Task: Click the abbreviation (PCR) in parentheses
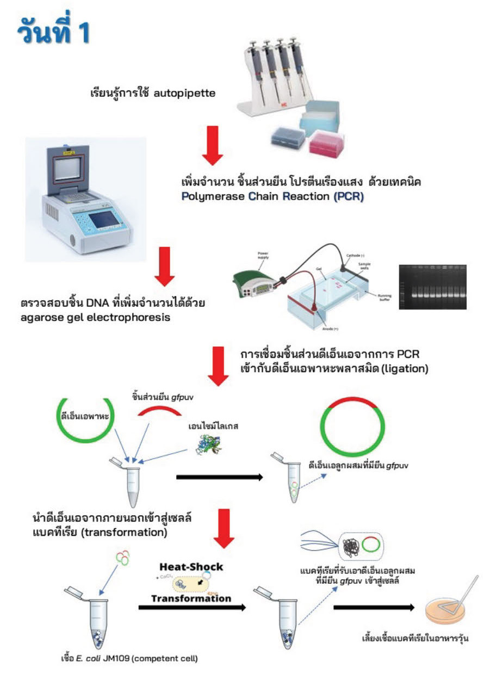348,196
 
